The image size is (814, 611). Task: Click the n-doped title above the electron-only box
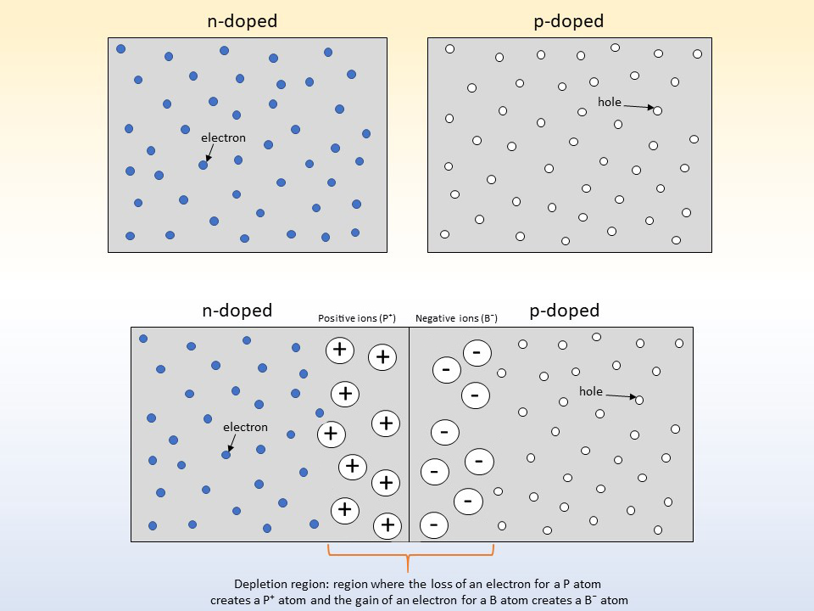click(242, 21)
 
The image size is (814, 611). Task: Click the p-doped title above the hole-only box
click(568, 21)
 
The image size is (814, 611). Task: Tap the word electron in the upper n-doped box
click(223, 137)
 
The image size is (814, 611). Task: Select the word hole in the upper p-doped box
click(610, 102)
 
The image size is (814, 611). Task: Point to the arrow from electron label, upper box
click(209, 153)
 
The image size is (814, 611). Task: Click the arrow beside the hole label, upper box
click(638, 107)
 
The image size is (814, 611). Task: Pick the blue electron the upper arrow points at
click(203, 165)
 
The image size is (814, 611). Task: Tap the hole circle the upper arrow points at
click(658, 110)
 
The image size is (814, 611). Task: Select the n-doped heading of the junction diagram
click(237, 311)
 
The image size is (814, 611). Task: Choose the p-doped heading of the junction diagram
click(565, 311)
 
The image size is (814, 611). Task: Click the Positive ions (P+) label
click(357, 318)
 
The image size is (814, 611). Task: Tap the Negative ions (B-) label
click(456, 318)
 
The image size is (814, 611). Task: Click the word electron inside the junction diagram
click(246, 427)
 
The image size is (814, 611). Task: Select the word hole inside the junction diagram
click(591, 391)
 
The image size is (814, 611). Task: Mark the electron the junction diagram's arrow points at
click(226, 455)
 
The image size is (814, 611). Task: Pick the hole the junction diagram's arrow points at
click(639, 400)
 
